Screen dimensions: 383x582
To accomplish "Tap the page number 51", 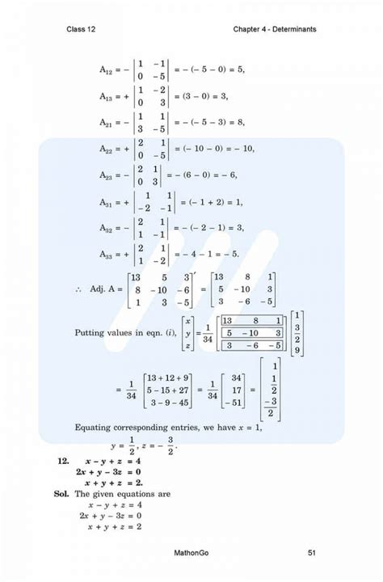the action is point(312,553).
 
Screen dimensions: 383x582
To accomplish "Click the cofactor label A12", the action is point(107,70).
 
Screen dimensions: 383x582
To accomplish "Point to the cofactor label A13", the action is point(107,96).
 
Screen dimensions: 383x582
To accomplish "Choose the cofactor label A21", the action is point(107,123).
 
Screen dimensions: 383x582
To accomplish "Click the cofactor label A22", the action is point(107,150).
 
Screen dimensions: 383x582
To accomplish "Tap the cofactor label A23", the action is point(107,175).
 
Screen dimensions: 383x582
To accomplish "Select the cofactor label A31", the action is point(107,202).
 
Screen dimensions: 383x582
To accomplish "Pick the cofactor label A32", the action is point(107,229).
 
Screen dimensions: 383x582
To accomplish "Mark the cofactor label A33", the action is point(107,255).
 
